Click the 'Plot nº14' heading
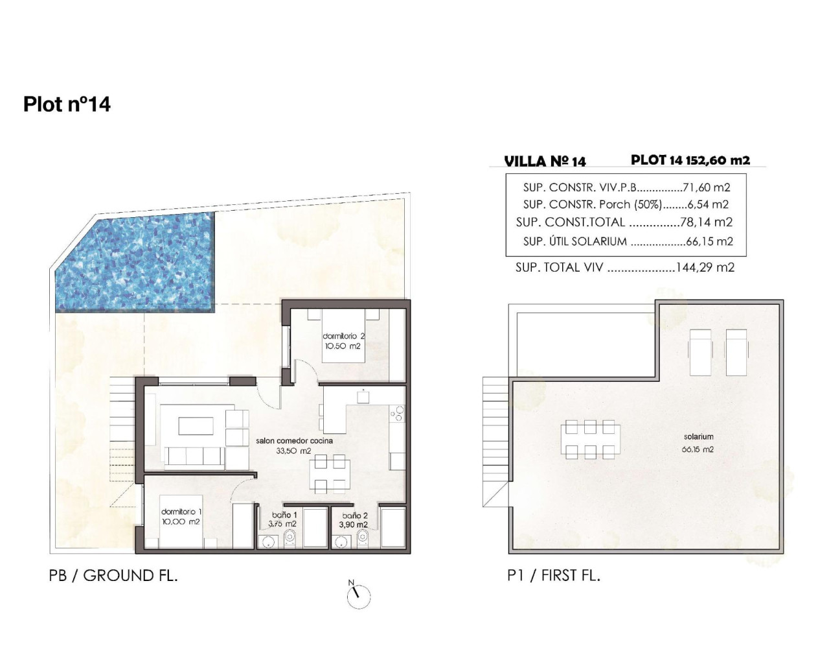click(x=67, y=104)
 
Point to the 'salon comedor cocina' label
click(x=294, y=441)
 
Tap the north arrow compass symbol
click(x=358, y=594)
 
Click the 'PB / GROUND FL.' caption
click(x=113, y=575)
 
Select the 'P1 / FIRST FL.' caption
click(x=554, y=575)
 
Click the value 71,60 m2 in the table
click(x=707, y=187)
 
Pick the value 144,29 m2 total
click(x=705, y=267)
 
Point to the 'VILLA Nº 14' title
click(x=545, y=161)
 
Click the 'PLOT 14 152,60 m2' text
click(x=690, y=160)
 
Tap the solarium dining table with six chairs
click(x=589, y=440)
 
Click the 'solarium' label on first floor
click(x=698, y=436)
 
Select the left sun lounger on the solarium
click(x=700, y=351)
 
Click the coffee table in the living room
click(x=196, y=425)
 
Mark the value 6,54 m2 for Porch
click(x=705, y=204)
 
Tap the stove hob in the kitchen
click(x=396, y=413)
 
